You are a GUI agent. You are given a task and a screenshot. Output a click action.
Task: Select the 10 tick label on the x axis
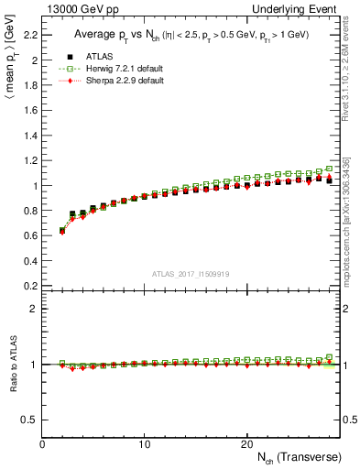145,443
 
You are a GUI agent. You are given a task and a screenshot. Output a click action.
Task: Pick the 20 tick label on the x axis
246,443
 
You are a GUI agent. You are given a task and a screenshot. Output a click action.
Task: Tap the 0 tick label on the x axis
43,443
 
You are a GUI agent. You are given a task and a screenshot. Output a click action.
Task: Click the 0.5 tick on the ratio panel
30,420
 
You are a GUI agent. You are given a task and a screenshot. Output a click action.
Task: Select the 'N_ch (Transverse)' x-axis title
293,457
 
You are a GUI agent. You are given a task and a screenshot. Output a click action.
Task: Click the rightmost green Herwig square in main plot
329,169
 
